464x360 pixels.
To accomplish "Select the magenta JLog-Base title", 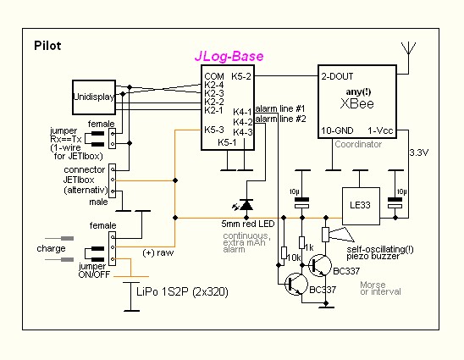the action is pos(229,56).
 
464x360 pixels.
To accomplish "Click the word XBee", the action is pos(356,103).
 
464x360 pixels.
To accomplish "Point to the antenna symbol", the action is pos(409,49).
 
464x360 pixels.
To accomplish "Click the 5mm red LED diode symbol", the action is pos(246,205).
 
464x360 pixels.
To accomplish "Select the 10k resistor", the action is pos(284,252).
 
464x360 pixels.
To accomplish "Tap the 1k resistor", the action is pos(301,243).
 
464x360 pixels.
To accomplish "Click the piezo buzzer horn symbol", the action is pos(341,235).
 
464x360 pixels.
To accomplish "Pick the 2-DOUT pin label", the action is pos(337,76).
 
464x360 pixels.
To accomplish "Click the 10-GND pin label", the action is pos(337,130).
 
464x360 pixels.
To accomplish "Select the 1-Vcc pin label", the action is pos(380,130).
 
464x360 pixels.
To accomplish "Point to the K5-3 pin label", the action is pos(214,130).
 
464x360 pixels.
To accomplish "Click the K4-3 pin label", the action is pos(243,132).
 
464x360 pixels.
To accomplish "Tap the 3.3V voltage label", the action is pos(419,152).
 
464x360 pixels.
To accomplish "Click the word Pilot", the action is pos(47,46).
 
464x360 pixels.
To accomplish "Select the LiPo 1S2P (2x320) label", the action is pos(182,292).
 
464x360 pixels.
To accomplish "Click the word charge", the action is pos(51,249).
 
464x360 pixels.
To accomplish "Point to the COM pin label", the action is pos(214,76).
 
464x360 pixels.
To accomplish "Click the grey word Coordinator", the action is pos(358,144).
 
